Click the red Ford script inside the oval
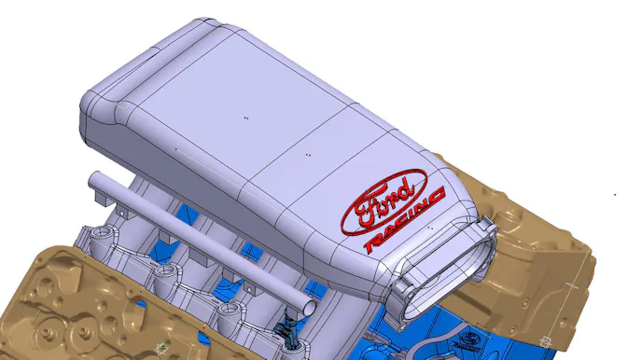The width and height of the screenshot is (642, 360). (x=384, y=202)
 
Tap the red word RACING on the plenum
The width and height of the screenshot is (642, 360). (x=405, y=221)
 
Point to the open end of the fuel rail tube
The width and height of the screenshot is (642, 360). (x=309, y=308)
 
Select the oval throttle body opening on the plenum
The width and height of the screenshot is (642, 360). (x=446, y=272)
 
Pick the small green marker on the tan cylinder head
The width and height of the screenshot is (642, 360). (x=163, y=347)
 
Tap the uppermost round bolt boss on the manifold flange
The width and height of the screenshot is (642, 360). (x=100, y=234)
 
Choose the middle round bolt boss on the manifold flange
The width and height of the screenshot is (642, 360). (x=167, y=272)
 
